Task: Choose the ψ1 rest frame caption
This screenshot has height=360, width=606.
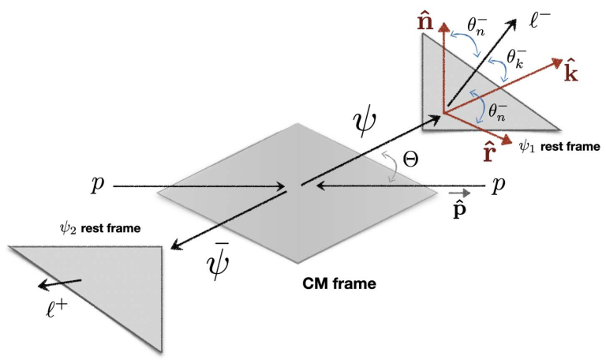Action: coord(547,147)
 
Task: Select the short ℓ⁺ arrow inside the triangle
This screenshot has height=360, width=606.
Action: coord(63,283)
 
